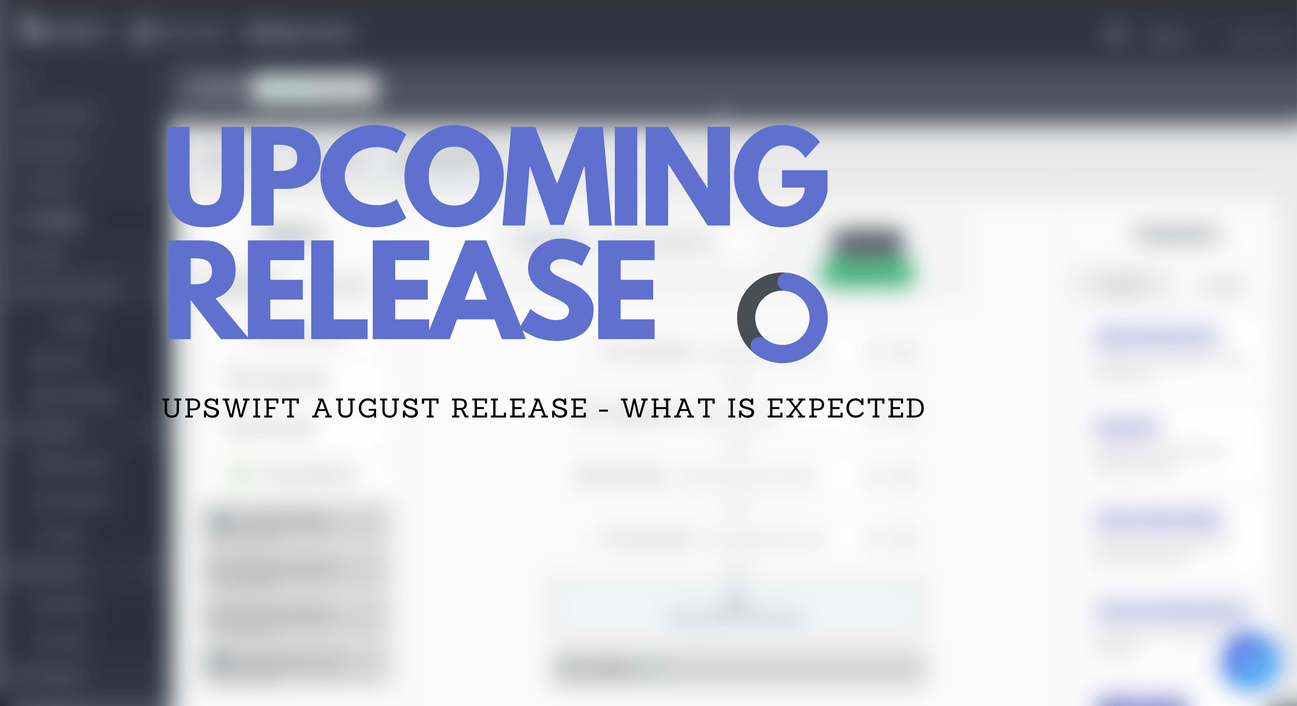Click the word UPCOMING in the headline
pos(497,176)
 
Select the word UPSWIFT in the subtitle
pos(231,408)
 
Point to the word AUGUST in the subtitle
pos(376,408)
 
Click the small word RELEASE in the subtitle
pos(519,408)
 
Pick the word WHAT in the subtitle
pos(668,408)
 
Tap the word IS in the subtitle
pos(741,408)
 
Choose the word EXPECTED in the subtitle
pos(846,408)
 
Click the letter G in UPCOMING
pos(780,176)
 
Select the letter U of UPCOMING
pos(205,177)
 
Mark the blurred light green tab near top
pos(312,88)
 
